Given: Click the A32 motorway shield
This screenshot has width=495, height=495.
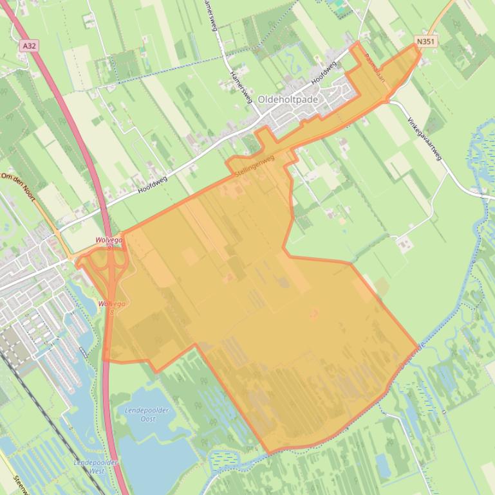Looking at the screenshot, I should click(x=28, y=46).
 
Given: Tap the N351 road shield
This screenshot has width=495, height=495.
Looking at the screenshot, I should click(x=425, y=42).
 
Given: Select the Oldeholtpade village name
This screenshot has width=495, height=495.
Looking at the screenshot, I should click(x=287, y=100).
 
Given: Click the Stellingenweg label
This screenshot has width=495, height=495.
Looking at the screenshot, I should click(x=255, y=165).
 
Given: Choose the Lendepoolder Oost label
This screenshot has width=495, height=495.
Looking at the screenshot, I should click(x=147, y=414).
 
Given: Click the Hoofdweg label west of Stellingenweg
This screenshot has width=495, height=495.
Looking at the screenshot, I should click(x=152, y=184).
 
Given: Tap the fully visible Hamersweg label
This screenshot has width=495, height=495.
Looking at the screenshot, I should click(x=240, y=86).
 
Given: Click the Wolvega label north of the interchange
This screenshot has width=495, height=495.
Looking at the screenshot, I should click(x=109, y=240).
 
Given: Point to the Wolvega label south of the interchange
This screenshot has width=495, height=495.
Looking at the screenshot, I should click(x=112, y=304).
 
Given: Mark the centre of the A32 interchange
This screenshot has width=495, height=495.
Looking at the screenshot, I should click(x=111, y=269).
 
